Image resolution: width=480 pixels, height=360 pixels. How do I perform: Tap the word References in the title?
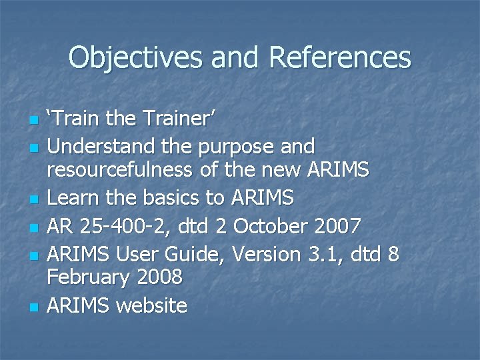pyautogui.click(x=340, y=58)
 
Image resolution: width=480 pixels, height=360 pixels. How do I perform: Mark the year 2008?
pyautogui.click(x=163, y=276)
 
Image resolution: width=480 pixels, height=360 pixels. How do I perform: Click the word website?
pyautogui.click(x=151, y=305)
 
